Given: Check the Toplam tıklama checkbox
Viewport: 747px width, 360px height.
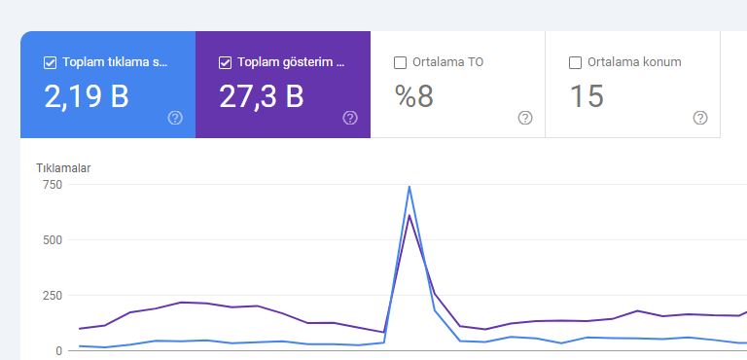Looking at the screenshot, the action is (x=50, y=62).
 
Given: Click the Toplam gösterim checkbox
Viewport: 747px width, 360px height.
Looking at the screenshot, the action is (x=225, y=62).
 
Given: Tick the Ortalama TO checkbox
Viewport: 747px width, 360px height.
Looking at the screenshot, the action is (x=400, y=62).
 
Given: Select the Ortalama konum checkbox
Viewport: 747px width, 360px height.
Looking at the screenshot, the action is (x=575, y=62).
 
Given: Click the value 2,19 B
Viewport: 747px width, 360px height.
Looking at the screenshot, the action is (x=87, y=96).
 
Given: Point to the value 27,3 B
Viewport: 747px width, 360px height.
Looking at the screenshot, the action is (x=261, y=96).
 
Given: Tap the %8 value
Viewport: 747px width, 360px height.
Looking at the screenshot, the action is (x=414, y=96).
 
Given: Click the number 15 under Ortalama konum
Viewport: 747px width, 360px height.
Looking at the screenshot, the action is (x=587, y=96).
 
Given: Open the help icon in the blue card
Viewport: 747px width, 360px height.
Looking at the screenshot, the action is (x=175, y=118).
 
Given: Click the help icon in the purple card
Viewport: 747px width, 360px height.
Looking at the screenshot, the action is (x=350, y=118).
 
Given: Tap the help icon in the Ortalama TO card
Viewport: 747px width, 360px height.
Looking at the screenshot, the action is (x=525, y=118).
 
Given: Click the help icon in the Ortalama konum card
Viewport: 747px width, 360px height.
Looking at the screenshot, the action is (x=700, y=118).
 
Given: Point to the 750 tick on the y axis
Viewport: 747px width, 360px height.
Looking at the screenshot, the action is (x=53, y=185).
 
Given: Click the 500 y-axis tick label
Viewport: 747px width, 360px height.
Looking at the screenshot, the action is (x=53, y=240).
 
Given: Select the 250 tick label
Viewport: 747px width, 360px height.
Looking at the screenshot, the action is (x=53, y=295).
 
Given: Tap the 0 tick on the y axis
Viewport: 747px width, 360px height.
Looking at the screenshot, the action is (x=58, y=351).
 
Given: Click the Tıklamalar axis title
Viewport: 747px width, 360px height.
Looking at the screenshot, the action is (x=63, y=168).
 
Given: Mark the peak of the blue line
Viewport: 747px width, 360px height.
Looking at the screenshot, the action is (x=409, y=187).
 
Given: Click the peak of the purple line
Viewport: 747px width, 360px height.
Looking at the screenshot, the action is (x=409, y=216).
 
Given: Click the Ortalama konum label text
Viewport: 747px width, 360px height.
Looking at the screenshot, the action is (x=634, y=62).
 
